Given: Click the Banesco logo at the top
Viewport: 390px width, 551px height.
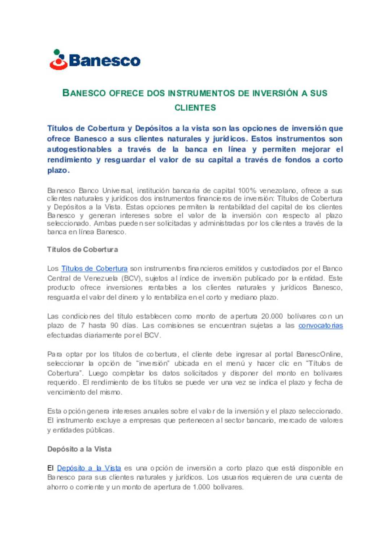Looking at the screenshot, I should click(x=95, y=60).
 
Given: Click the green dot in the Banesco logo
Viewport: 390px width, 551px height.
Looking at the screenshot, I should click(x=57, y=52).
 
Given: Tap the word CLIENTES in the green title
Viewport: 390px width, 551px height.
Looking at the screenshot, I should click(x=195, y=108).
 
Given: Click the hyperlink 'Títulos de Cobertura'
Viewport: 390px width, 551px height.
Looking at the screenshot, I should click(x=94, y=269).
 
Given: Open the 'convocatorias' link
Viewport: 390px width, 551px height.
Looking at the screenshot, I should click(x=320, y=326).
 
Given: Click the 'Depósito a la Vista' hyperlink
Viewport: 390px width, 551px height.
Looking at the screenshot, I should click(x=89, y=468).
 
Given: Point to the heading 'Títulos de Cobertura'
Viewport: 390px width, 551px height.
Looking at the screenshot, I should click(x=82, y=250).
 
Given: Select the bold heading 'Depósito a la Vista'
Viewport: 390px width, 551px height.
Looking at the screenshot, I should click(x=79, y=449).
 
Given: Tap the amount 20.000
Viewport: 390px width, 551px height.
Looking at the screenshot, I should click(x=272, y=316).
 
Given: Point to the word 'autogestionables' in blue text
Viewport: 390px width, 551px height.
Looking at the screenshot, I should click(x=79, y=149).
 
